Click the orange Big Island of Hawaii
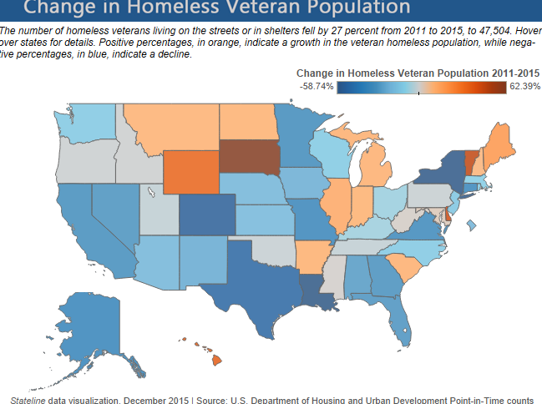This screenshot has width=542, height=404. tap(215, 360)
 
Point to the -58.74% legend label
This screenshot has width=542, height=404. tap(317, 86)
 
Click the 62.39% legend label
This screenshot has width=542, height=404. tap(524, 86)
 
